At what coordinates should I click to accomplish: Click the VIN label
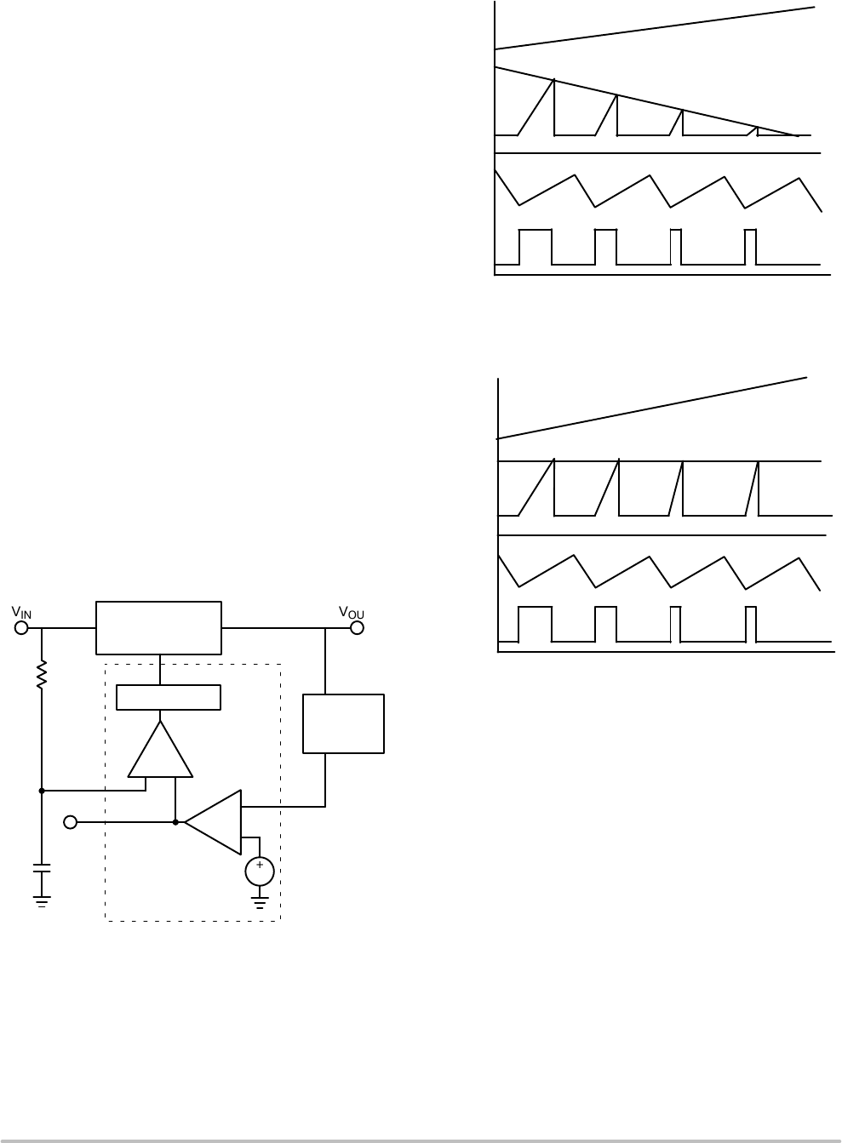[21, 613]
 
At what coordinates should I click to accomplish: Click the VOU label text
[352, 613]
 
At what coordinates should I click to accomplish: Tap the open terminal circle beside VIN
[22, 628]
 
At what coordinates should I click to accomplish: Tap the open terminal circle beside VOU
[357, 628]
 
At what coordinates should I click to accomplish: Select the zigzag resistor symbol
[42, 674]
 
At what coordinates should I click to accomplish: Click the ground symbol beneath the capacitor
[42, 900]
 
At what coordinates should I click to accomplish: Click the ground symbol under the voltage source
[260, 900]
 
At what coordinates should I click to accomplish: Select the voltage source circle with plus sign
[260, 871]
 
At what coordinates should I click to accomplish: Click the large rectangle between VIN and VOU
[158, 627]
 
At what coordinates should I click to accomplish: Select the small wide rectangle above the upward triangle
[169, 697]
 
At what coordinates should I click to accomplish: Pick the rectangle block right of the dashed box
[344, 723]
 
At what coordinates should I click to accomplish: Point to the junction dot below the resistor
[42, 790]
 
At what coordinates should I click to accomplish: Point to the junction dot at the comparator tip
[175, 822]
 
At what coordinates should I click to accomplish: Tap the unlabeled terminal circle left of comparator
[72, 822]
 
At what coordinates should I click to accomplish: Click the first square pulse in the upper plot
[536, 247]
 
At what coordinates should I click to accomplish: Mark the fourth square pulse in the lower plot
[751, 624]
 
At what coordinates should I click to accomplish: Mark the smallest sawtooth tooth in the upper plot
[754, 131]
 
